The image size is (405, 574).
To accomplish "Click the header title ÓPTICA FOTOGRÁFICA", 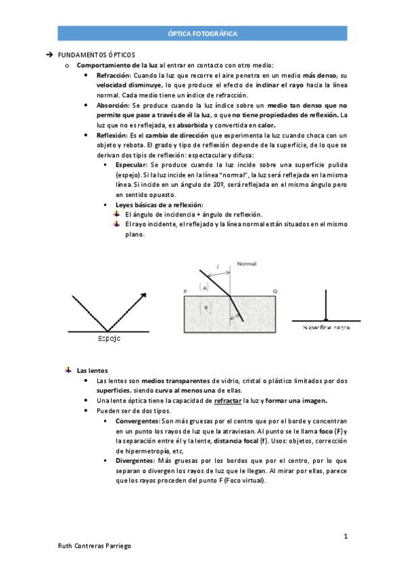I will (x=202, y=33).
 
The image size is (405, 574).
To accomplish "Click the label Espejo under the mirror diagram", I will (x=110, y=339).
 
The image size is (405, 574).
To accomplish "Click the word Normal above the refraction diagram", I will (x=246, y=265).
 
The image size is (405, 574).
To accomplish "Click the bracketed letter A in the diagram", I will (x=205, y=288).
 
